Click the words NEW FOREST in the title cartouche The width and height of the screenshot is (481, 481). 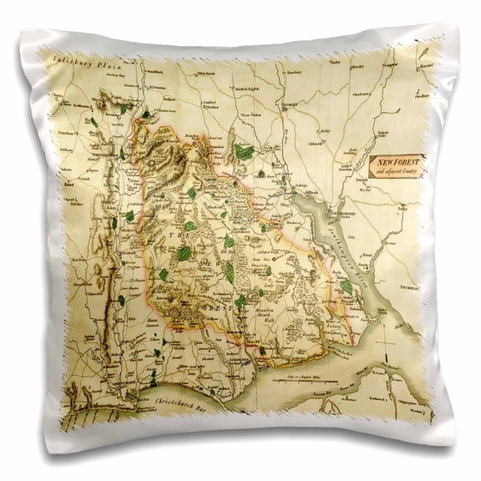[x=396, y=159]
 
